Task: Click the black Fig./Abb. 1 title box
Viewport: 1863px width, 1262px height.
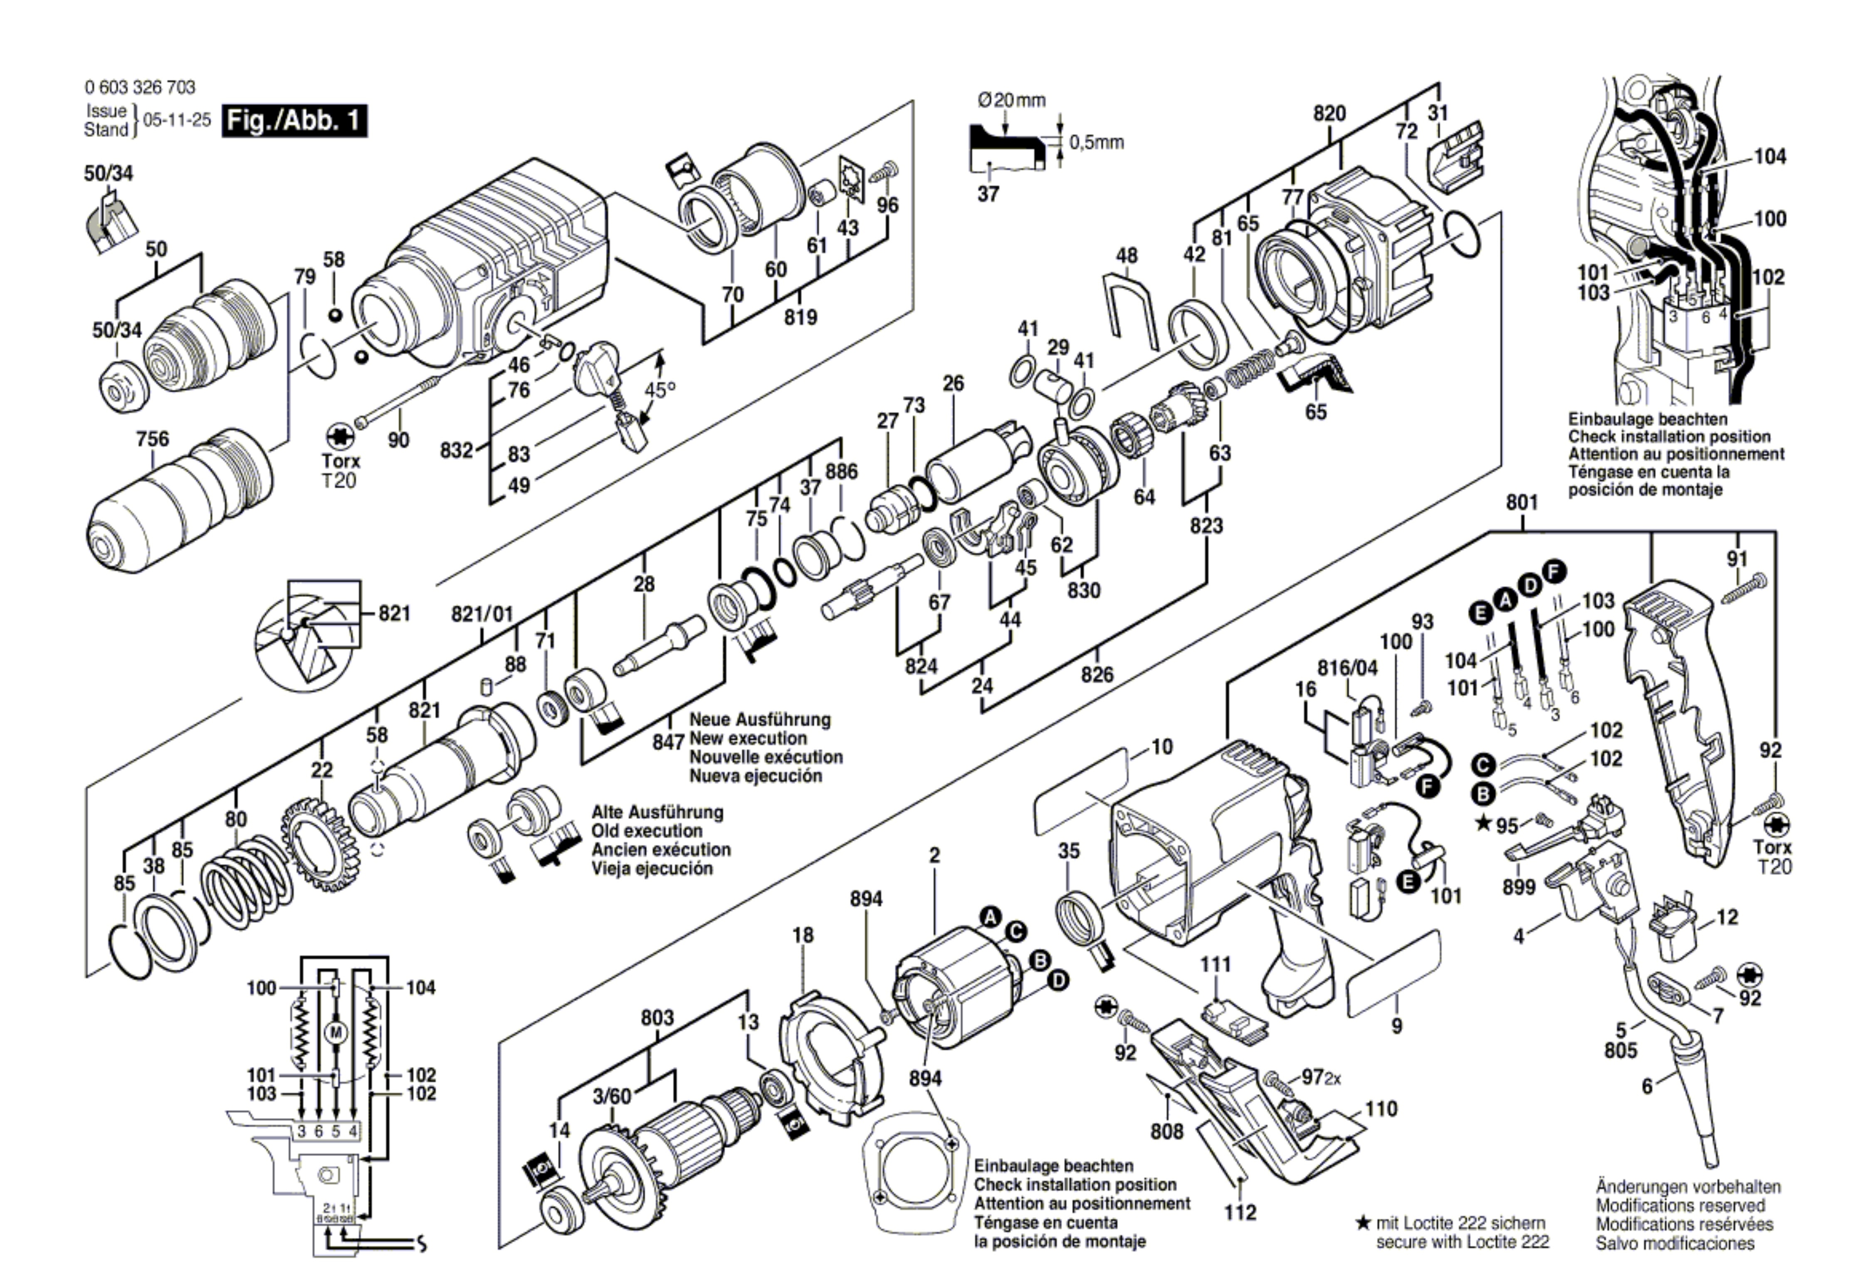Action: (x=294, y=121)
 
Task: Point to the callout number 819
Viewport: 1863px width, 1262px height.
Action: (x=800, y=317)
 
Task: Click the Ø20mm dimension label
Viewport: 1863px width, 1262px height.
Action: (x=1012, y=100)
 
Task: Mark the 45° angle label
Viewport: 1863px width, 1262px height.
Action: (x=660, y=391)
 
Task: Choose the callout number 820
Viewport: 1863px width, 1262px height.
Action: (x=1329, y=114)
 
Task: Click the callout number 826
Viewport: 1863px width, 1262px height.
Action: (x=1097, y=674)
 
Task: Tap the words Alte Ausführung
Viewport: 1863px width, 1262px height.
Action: (x=657, y=812)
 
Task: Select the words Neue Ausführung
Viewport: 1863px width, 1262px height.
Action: (x=760, y=719)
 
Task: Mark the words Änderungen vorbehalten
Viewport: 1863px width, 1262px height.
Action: (x=1688, y=1187)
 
